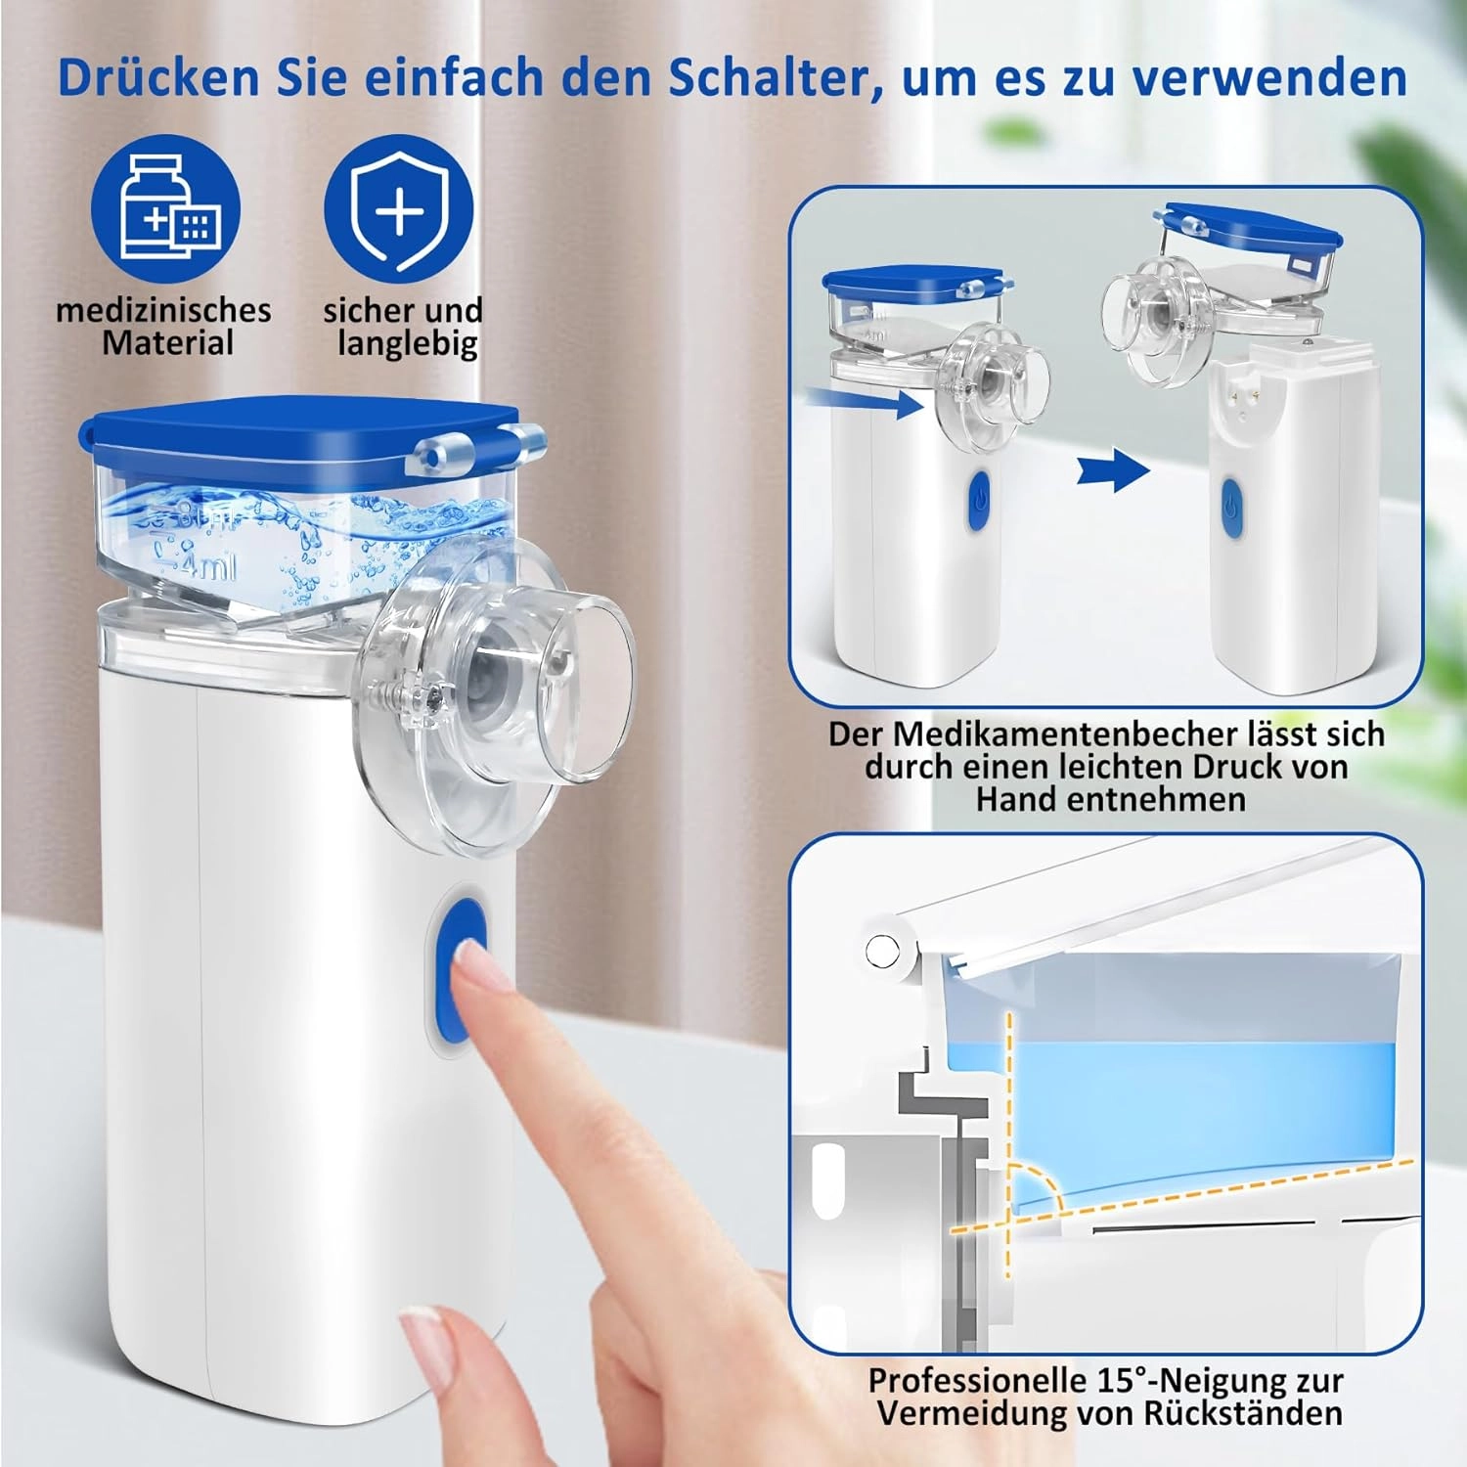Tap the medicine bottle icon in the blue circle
point(169,207)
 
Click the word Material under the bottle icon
point(167,343)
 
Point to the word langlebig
point(408,344)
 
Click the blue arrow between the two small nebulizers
point(1113,470)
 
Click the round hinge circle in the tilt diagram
point(882,949)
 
